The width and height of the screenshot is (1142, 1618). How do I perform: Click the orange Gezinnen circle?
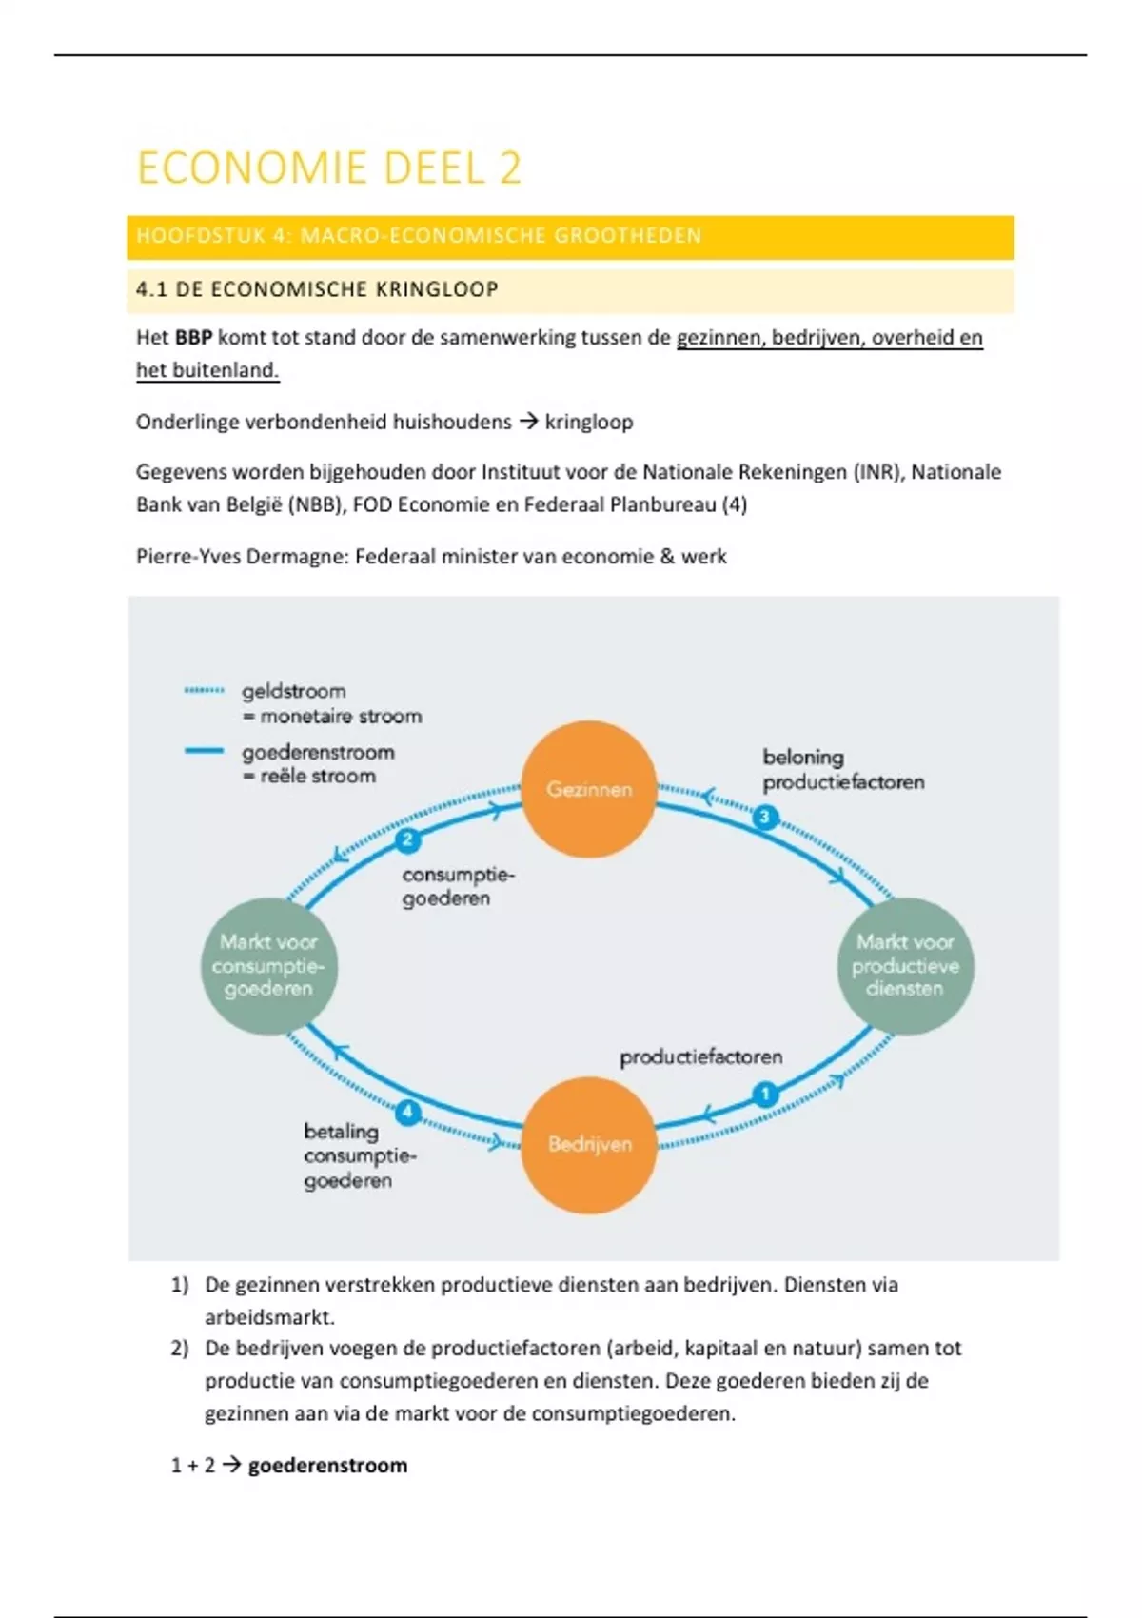click(x=589, y=789)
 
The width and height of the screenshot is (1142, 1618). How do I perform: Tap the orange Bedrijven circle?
click(x=589, y=1144)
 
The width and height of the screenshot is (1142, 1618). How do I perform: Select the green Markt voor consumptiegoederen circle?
click(x=268, y=965)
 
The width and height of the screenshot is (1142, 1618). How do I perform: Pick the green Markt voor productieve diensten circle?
click(x=905, y=965)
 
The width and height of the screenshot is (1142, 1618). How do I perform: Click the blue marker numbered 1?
click(x=765, y=1095)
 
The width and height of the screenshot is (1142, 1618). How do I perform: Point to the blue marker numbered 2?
click(x=407, y=839)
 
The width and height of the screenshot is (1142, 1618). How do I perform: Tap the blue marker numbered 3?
click(x=765, y=817)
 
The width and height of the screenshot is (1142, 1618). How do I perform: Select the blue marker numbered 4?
click(x=407, y=1112)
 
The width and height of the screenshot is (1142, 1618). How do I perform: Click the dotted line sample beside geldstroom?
click(x=204, y=691)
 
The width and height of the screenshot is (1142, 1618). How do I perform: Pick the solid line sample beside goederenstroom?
click(x=204, y=752)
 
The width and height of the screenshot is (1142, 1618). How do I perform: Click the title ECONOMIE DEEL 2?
click(x=329, y=168)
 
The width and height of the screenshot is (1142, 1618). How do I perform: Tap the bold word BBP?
click(x=193, y=338)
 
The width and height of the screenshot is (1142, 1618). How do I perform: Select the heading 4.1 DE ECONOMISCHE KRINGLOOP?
click(x=317, y=290)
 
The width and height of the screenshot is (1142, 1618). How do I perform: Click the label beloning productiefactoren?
click(x=842, y=770)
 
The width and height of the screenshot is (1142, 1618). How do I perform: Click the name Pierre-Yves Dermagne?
click(x=242, y=557)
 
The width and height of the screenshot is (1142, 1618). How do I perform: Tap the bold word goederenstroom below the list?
click(x=327, y=1466)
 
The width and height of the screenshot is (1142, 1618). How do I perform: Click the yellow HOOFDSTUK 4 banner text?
click(x=419, y=237)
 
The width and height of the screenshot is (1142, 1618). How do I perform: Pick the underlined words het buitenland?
click(x=207, y=371)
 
